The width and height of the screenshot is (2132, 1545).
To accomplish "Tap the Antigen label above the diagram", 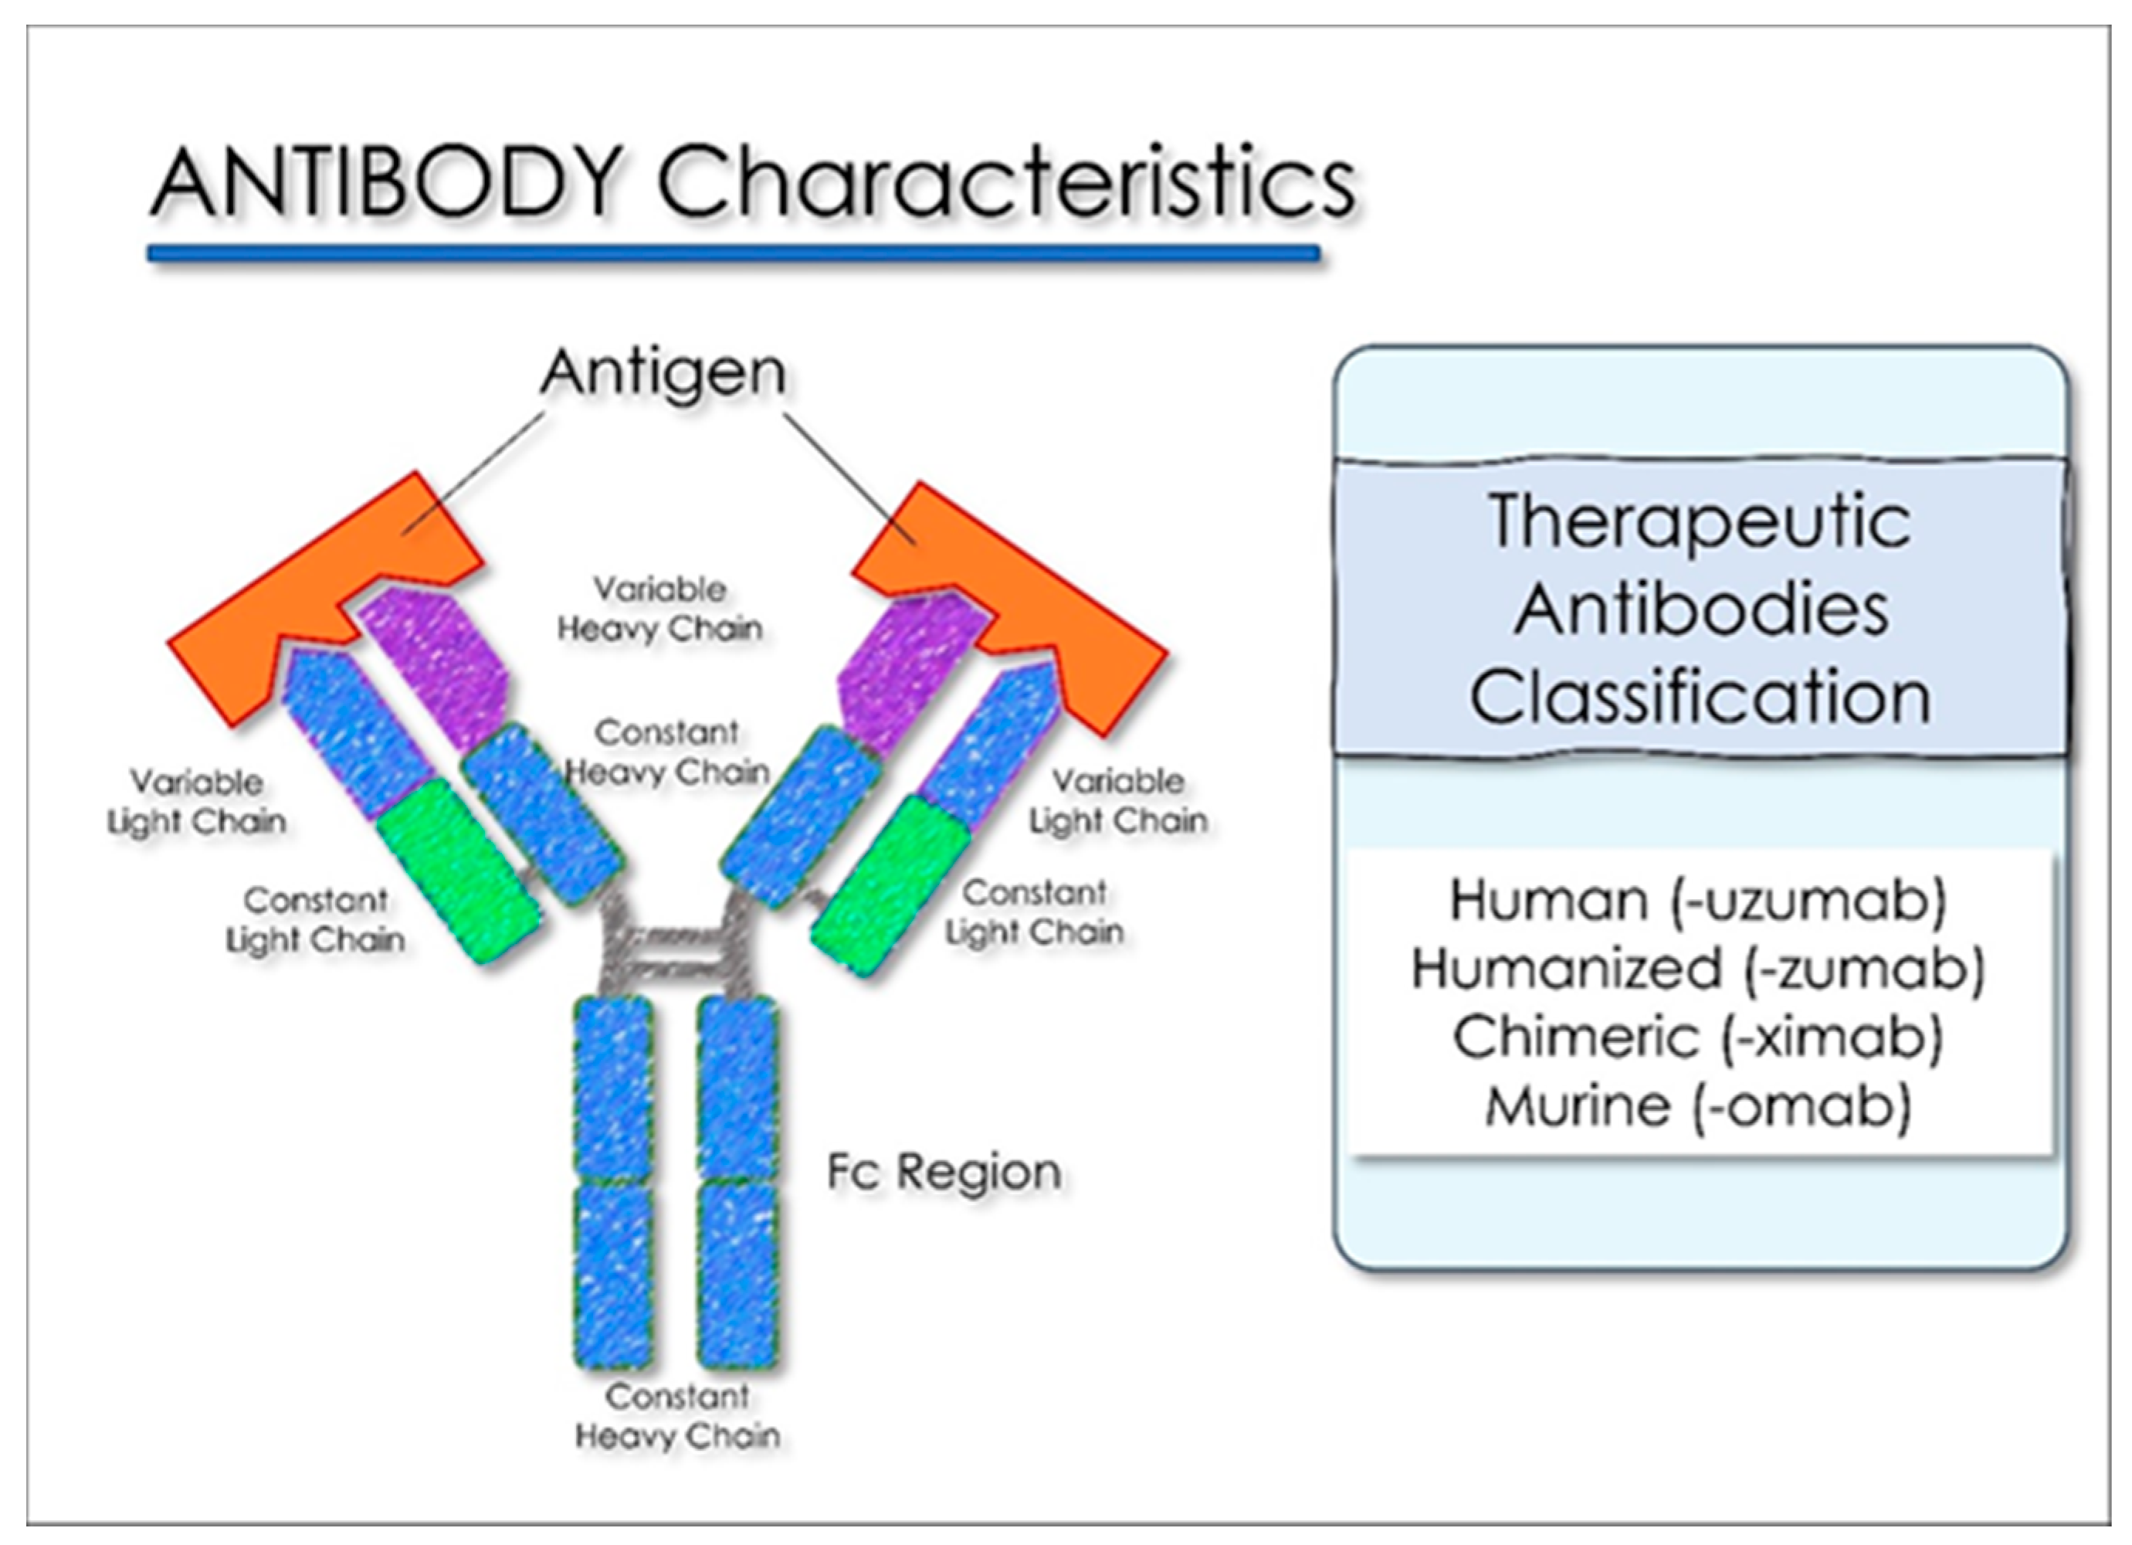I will point(663,372).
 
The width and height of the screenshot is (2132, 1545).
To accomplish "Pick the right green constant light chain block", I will point(888,884).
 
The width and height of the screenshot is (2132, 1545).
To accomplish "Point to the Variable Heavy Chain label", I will point(660,610).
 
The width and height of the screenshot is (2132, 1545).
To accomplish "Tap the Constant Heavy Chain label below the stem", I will point(677,1416).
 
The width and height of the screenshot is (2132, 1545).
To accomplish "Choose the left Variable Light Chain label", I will point(196,801).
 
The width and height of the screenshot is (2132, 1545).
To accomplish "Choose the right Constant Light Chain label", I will point(1034,912).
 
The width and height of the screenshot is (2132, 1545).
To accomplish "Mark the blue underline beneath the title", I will point(734,253).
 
